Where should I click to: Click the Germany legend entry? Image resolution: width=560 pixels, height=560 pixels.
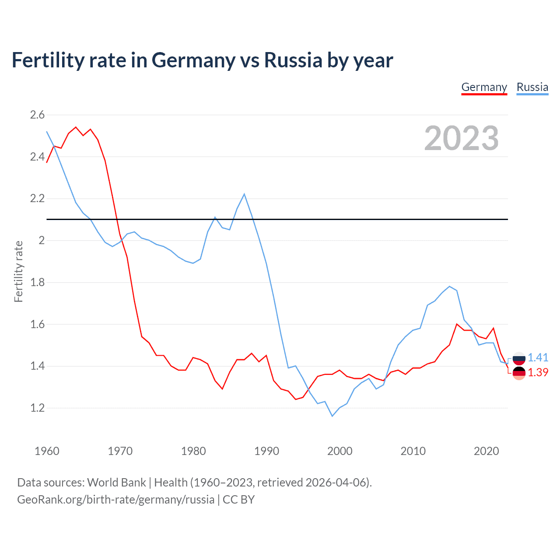[x=484, y=87]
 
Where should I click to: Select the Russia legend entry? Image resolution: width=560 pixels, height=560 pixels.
[x=532, y=87]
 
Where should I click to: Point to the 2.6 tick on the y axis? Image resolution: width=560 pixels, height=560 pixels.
[x=37, y=115]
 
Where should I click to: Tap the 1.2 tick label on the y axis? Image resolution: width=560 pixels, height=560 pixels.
[x=37, y=408]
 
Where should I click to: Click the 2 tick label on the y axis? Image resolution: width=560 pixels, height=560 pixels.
[x=42, y=241]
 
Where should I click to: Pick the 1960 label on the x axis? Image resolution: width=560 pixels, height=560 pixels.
[x=47, y=451]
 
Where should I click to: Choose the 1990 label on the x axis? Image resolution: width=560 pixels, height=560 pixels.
[x=266, y=451]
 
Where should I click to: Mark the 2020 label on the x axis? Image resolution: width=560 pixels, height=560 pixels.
[x=486, y=451]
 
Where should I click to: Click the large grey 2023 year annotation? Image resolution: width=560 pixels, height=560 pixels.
[x=461, y=138]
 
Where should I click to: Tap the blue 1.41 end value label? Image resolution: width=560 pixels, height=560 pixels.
[x=538, y=358]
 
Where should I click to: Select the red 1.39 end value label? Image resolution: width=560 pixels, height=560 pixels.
[x=538, y=372]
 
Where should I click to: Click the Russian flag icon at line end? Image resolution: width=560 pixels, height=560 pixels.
[x=519, y=358]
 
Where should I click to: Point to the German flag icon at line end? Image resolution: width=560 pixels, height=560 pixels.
[x=519, y=373]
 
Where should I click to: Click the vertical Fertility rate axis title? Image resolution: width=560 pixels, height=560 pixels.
[x=18, y=271]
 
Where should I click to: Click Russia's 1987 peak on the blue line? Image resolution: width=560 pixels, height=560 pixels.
[x=244, y=194]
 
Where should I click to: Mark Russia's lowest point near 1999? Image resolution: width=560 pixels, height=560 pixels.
[x=332, y=416]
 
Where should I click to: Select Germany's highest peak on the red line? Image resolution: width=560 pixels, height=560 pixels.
[x=76, y=127]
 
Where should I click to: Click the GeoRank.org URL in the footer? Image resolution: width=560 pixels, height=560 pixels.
[x=115, y=500]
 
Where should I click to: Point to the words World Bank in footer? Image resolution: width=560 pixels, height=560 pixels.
[x=116, y=483]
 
